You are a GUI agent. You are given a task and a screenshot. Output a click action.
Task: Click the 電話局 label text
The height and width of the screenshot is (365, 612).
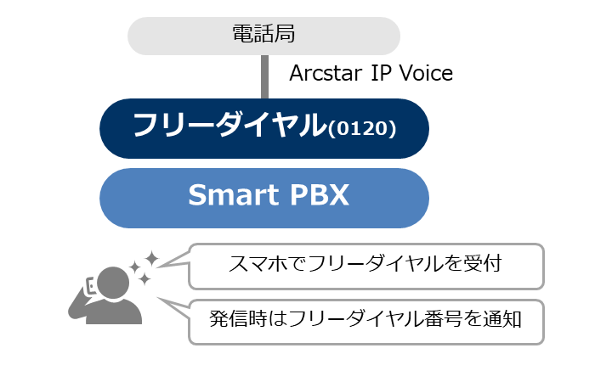[x=263, y=34]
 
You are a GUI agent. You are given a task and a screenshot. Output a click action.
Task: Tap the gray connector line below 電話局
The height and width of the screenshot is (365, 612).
[x=264, y=77]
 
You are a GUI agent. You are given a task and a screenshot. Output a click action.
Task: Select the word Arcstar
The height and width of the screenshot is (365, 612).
[x=326, y=73]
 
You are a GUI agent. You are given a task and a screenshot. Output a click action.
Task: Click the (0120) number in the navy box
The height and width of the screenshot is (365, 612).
[x=362, y=128]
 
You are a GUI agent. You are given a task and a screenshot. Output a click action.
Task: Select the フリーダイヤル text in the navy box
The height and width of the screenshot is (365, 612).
[x=229, y=125]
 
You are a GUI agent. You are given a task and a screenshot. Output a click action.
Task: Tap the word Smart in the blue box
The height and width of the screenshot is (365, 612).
[x=233, y=194]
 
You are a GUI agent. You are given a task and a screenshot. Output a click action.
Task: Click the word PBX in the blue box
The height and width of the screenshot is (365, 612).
[x=319, y=194]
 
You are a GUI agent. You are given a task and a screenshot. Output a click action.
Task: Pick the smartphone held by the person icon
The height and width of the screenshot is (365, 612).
[x=91, y=285]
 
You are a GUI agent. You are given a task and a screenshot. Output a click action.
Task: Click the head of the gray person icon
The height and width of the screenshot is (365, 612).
[x=113, y=283]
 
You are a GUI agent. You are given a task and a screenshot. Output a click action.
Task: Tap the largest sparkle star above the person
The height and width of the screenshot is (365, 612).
[x=151, y=259]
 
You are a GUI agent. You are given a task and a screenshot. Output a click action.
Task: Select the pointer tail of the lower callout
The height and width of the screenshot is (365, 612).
[x=173, y=307]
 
